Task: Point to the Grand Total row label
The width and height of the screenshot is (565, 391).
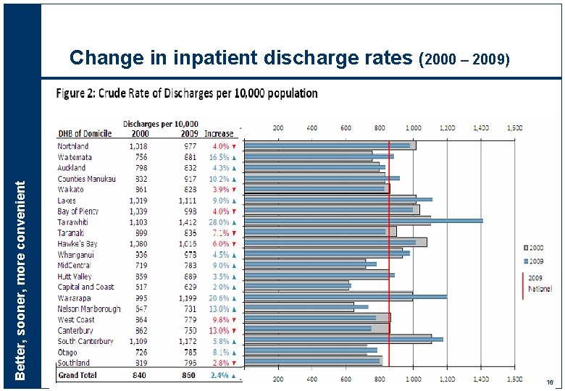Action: [x=78, y=375]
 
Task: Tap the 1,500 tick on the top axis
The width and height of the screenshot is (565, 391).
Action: [x=514, y=127]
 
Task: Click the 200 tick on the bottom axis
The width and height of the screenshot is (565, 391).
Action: [x=277, y=378]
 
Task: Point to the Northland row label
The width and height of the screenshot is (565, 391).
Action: [x=73, y=146]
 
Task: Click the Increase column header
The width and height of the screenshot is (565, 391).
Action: [x=219, y=134]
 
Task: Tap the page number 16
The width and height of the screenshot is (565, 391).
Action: [x=551, y=382]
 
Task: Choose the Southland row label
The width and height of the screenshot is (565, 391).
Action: [x=74, y=363]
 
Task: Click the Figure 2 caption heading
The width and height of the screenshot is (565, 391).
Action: [x=187, y=93]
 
